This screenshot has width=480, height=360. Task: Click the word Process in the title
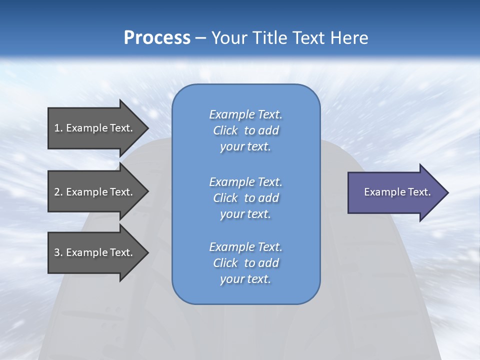(x=157, y=38)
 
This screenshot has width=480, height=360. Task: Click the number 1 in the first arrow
(x=57, y=128)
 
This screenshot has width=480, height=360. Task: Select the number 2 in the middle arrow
(x=57, y=192)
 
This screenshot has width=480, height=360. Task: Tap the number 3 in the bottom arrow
(x=57, y=253)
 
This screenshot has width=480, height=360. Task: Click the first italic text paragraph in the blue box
(x=245, y=130)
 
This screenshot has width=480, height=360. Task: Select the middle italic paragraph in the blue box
(x=245, y=198)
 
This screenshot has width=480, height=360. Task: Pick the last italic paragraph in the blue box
(x=245, y=263)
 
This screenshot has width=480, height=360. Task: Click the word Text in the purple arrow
(x=418, y=192)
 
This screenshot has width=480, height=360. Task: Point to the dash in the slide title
(x=201, y=38)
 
